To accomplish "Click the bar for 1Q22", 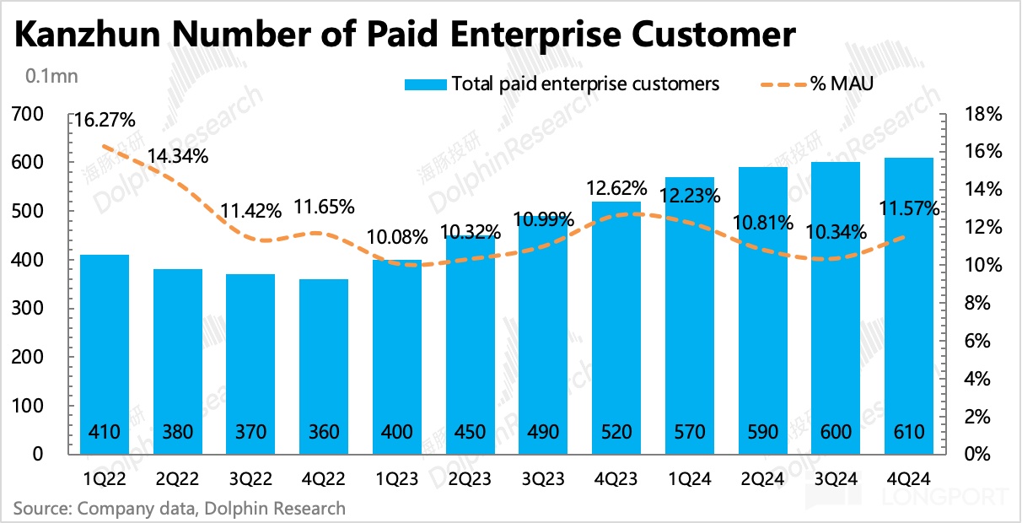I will point(105,354).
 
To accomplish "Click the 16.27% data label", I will point(105,121).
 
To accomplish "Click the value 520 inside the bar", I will point(616,433).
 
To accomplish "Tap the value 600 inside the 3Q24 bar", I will point(834,433).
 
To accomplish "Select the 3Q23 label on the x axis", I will point(542,478).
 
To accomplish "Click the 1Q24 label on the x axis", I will point(688,478).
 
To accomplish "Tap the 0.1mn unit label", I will point(51,77).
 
